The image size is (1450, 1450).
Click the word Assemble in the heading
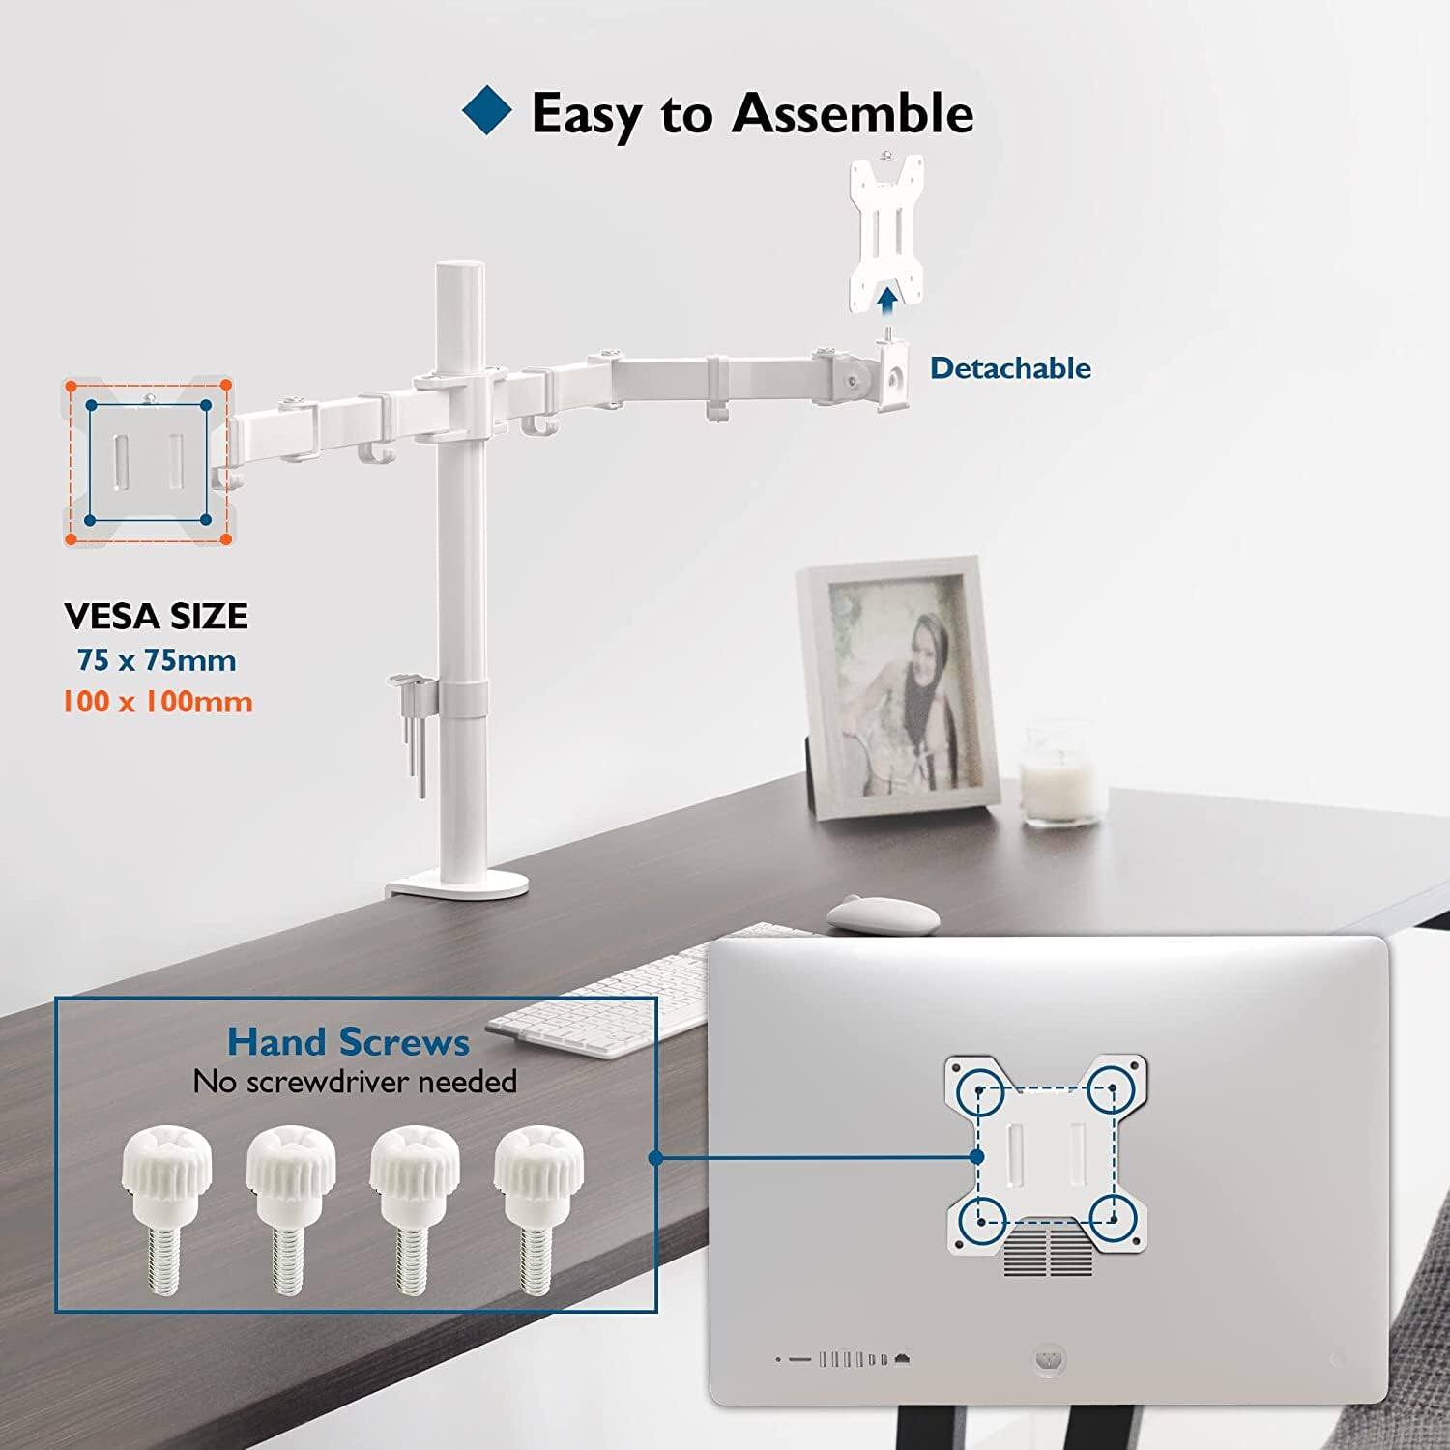853,113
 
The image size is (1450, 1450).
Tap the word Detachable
1010,368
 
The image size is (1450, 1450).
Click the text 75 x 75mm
157,660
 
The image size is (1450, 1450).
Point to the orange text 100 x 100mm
158,701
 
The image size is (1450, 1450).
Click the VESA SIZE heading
157,616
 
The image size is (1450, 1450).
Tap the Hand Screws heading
348,1042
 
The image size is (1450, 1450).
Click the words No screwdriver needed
355,1081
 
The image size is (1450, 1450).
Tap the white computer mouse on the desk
882,914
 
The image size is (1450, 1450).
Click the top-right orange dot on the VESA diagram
225,385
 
